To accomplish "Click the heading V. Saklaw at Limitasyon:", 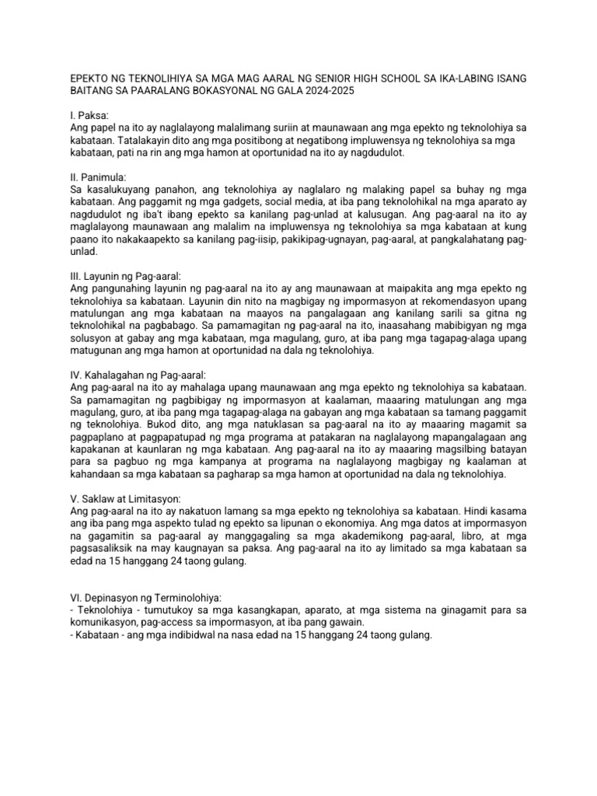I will tap(125, 497).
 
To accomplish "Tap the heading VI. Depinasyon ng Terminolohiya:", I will tap(145, 597).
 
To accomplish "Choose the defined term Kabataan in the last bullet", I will tap(97, 634).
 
